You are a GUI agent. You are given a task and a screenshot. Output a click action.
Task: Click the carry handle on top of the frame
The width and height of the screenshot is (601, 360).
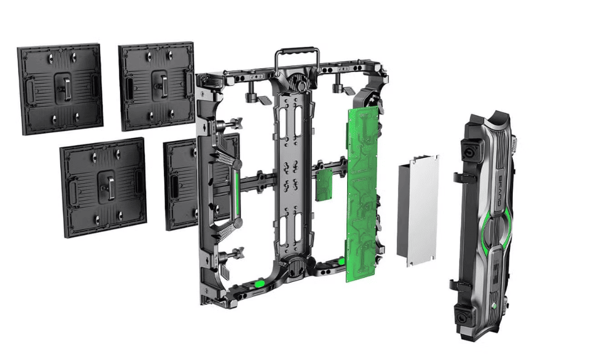(296, 52)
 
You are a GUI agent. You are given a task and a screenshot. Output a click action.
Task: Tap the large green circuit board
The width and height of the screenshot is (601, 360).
(361, 190)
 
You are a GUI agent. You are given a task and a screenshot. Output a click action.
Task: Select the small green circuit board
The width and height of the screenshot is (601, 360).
(323, 184)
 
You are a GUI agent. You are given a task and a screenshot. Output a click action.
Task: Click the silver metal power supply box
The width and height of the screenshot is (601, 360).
(417, 210)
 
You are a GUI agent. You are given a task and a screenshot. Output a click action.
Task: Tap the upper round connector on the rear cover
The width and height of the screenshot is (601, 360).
(465, 154)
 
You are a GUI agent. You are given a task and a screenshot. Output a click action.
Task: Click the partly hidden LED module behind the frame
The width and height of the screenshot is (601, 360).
(179, 184)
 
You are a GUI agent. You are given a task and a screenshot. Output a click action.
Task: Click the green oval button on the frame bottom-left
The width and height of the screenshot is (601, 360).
(259, 284)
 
